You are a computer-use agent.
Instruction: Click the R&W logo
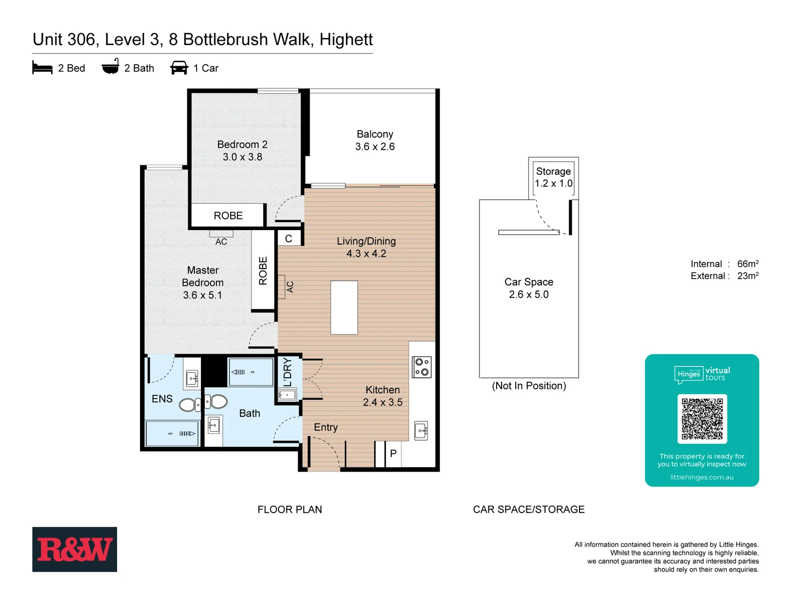click(74, 549)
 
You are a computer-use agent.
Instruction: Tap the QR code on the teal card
click(702, 418)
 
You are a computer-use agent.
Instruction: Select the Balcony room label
click(375, 135)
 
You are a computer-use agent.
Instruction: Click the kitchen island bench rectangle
click(344, 307)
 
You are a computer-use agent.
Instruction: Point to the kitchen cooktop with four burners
click(422, 367)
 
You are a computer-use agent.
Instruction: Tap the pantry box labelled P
click(393, 454)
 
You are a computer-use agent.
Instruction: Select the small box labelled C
click(288, 239)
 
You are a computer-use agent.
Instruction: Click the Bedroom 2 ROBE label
click(228, 216)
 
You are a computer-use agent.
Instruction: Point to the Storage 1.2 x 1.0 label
click(553, 177)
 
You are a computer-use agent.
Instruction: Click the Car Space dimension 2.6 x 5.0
click(528, 295)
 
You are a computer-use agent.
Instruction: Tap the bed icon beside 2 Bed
click(42, 68)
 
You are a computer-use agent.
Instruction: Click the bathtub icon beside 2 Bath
click(110, 67)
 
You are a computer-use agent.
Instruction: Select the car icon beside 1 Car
click(179, 68)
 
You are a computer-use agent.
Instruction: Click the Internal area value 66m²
click(748, 264)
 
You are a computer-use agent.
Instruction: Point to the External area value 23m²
click(748, 276)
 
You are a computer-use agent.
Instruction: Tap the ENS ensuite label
click(162, 399)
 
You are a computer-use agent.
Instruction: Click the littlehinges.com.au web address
click(701, 477)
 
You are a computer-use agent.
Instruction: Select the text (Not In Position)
click(528, 386)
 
